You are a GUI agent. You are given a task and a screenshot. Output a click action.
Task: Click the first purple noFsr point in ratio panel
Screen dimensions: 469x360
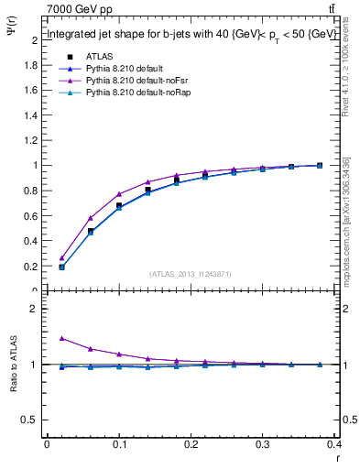point(61,338)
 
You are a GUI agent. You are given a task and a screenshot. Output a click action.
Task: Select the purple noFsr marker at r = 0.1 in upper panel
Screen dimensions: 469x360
point(119,194)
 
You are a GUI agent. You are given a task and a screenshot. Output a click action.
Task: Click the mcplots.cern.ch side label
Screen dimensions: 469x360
point(346,220)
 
